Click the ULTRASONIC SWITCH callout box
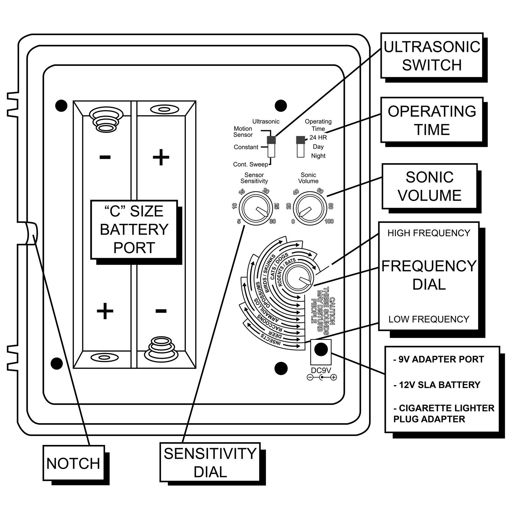(x=432, y=55)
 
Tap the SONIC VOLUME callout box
(x=430, y=186)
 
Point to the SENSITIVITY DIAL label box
(x=210, y=462)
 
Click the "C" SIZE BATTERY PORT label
(x=134, y=229)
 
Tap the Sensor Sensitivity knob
(x=255, y=209)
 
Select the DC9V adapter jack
(x=321, y=349)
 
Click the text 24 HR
(x=318, y=138)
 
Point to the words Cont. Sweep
(x=251, y=164)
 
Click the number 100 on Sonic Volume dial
(x=329, y=221)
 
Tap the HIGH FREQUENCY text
(x=429, y=233)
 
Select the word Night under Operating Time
(x=318, y=156)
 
